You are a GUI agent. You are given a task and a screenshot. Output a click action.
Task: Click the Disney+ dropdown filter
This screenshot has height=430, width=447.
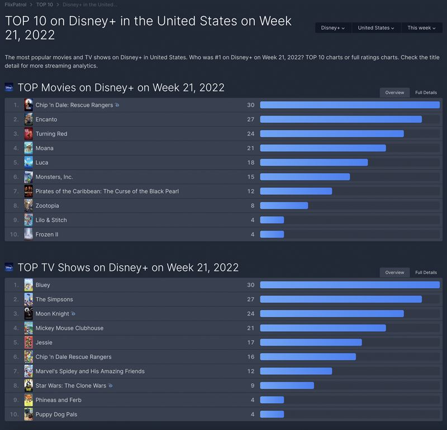(x=332, y=28)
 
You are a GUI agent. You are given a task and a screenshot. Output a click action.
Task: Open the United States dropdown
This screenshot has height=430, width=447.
(x=376, y=28)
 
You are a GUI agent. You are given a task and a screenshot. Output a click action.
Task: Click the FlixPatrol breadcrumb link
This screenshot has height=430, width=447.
(x=16, y=4)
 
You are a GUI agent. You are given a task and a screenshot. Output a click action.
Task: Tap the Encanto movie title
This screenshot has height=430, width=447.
(x=46, y=120)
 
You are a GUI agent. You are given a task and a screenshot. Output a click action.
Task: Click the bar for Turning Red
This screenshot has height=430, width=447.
(x=332, y=134)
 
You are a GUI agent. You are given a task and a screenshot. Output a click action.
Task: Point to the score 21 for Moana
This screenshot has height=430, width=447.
(x=251, y=148)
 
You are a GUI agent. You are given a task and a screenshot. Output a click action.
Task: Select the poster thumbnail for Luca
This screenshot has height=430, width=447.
(x=28, y=163)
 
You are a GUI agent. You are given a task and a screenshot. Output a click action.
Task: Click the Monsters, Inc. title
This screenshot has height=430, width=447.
(x=54, y=177)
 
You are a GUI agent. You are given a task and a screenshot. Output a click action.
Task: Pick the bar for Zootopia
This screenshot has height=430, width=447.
(x=284, y=206)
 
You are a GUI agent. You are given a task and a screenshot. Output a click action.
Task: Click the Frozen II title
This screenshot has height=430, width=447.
(x=47, y=235)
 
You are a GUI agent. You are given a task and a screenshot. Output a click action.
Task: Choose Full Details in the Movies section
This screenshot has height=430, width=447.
(x=426, y=93)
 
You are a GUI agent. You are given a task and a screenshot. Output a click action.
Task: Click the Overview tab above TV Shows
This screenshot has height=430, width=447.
(x=394, y=273)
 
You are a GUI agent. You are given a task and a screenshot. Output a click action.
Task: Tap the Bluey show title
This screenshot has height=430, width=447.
(x=43, y=285)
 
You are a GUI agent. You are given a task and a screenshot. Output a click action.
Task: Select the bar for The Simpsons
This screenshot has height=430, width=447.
(x=341, y=299)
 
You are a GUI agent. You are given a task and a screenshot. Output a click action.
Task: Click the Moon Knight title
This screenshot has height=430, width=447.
(x=53, y=314)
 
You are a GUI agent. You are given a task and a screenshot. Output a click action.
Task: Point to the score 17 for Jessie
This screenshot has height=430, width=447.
(x=251, y=342)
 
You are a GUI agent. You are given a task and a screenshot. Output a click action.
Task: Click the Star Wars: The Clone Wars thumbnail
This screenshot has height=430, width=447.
(x=28, y=385)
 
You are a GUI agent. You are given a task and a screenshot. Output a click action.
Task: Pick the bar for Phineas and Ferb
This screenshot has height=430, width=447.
(x=272, y=400)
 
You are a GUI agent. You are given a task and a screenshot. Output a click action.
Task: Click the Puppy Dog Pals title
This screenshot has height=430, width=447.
(x=56, y=414)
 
